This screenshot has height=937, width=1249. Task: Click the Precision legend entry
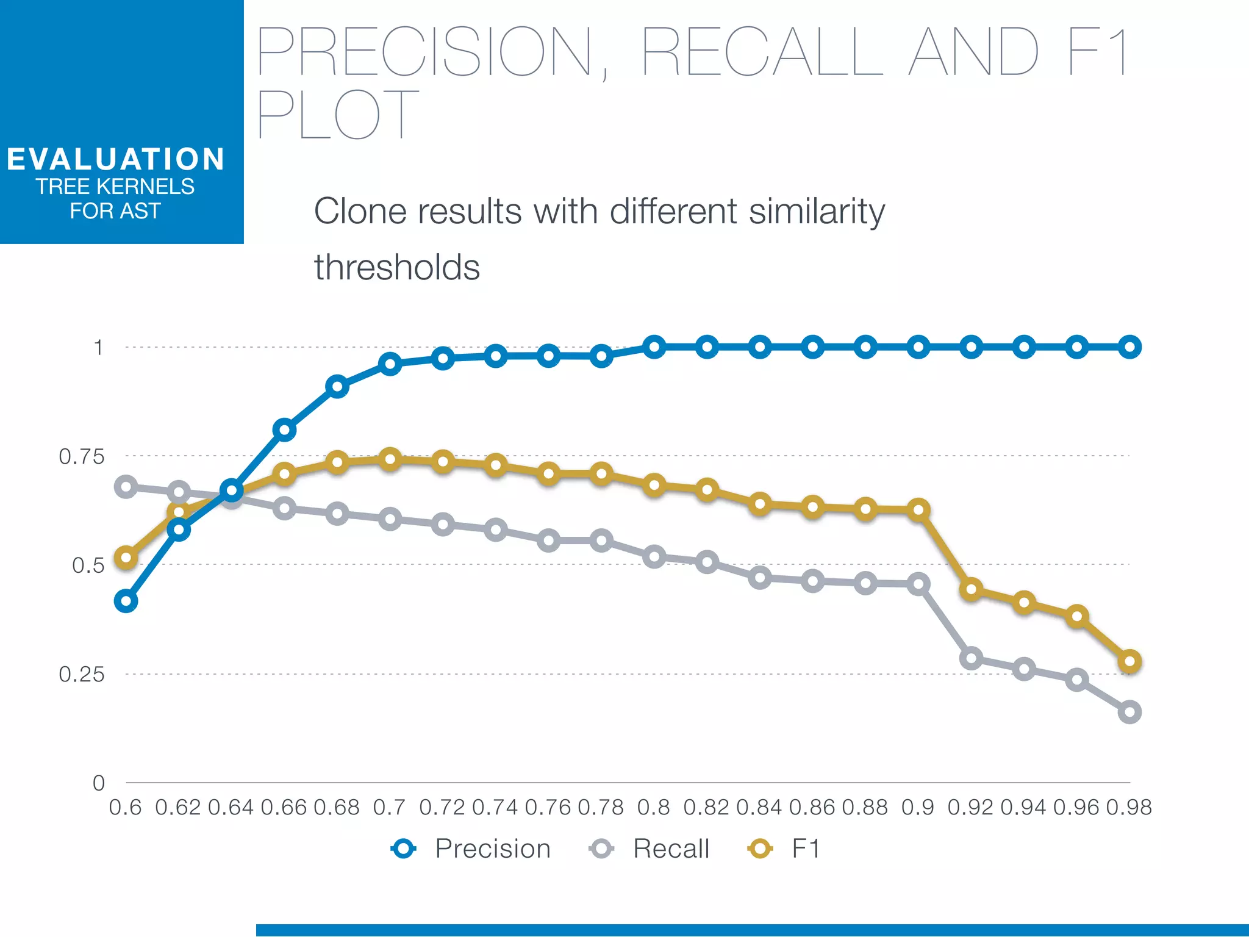coord(471,849)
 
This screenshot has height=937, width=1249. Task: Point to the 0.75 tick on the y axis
coord(82,456)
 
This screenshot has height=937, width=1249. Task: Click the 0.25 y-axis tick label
coord(82,674)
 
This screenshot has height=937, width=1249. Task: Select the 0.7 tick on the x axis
coord(389,807)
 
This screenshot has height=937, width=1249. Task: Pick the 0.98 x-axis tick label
coord(1129,807)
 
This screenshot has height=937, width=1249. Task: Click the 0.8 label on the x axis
coord(654,807)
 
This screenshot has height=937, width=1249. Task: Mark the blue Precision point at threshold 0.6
coord(126,601)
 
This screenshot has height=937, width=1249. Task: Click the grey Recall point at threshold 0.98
coord(1129,712)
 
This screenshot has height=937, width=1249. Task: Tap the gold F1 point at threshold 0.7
coord(390,459)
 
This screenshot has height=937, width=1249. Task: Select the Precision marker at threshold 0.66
coord(284,430)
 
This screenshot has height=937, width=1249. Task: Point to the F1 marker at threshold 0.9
coord(918,509)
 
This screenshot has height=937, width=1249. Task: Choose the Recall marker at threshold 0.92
coord(971,658)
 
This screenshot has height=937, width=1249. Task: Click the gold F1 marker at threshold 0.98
coord(1129,661)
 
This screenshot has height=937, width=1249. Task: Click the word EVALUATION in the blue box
coord(116,159)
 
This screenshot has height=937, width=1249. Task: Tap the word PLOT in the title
coord(338,114)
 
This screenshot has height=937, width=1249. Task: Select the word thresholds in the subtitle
coord(397,267)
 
